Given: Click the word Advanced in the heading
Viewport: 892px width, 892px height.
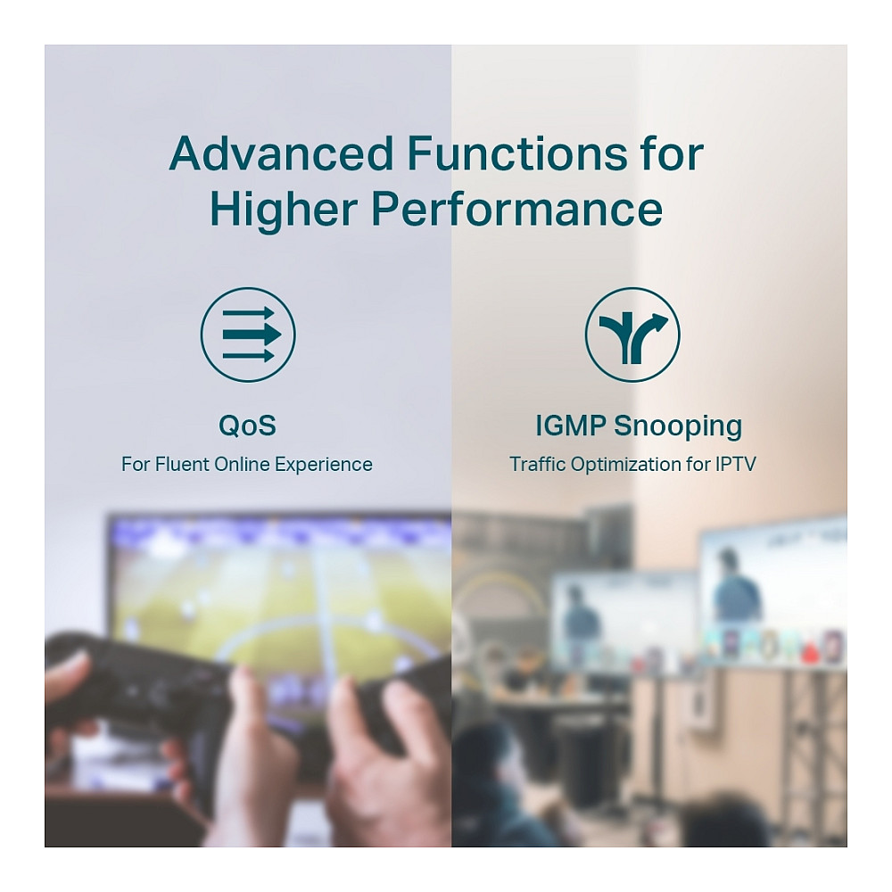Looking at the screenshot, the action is [281, 153].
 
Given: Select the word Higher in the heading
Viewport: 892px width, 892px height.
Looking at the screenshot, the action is [284, 209].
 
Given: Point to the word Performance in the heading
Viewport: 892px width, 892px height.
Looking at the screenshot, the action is [517, 209].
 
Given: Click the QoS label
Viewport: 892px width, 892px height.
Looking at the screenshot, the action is [247, 425].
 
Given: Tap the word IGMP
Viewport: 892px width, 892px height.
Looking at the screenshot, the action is [570, 425].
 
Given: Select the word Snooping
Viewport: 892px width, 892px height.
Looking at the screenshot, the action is [678, 426].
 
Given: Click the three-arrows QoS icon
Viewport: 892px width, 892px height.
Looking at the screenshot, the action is [248, 334].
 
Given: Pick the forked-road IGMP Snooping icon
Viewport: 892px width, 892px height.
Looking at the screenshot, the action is [632, 334].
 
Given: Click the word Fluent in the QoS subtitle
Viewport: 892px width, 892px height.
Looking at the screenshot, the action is [181, 464].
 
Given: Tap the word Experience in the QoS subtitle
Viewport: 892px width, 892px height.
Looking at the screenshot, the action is [323, 466].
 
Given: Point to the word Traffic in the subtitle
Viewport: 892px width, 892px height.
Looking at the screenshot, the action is [538, 464].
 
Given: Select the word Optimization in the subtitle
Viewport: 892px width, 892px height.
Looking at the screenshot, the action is [625, 466].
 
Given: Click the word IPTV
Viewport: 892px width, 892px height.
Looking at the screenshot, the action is [735, 464].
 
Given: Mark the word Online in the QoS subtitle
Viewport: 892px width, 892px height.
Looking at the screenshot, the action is [242, 464].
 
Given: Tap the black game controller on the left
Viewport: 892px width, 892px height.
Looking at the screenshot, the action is [136, 689].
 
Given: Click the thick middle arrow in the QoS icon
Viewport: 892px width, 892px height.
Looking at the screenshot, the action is [252, 334].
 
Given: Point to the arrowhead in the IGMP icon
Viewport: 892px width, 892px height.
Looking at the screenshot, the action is [660, 319].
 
